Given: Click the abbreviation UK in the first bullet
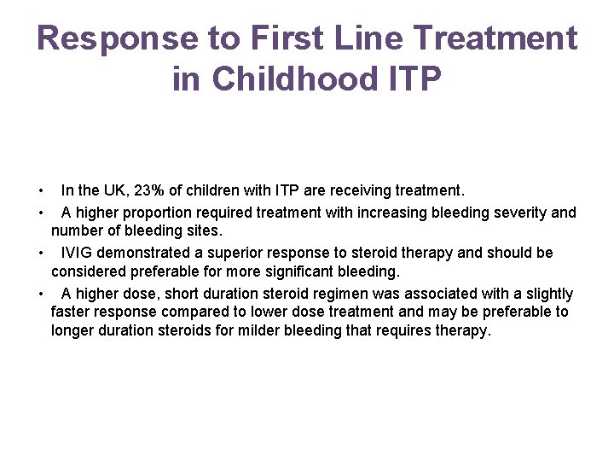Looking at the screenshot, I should coord(118,190).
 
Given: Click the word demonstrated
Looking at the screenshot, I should coord(144,253).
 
